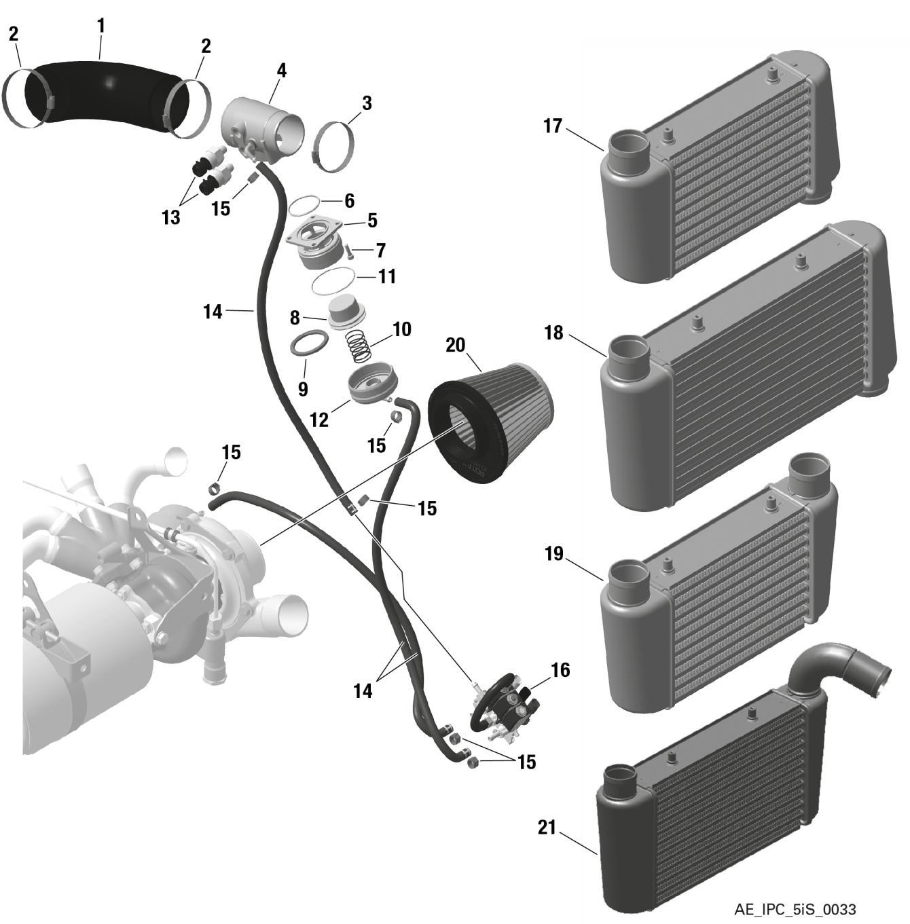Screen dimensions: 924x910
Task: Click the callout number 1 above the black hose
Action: pos(101,27)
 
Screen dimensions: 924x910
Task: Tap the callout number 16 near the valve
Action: pos(560,671)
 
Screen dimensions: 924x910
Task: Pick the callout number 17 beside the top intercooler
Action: pos(553,126)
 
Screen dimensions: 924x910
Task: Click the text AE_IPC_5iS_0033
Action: pos(795,909)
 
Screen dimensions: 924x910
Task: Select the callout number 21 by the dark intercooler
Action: pos(547,828)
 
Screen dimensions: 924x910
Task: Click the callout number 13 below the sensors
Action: pos(171,217)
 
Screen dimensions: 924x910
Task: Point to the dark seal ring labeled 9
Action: pos(308,344)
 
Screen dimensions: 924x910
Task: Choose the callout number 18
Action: pos(554,333)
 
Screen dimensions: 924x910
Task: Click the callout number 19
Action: pos(554,554)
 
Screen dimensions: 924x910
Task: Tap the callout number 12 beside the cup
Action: pos(318,420)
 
